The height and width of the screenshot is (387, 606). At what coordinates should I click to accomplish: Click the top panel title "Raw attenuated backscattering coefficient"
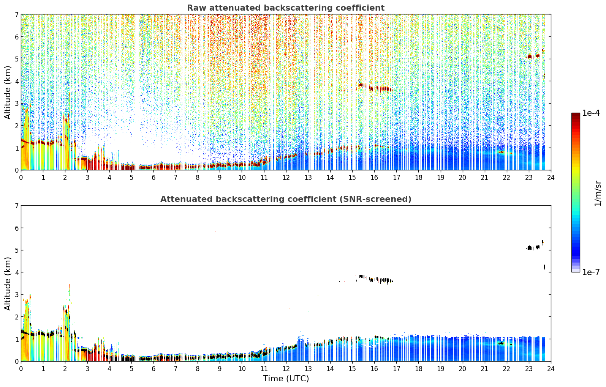tap(286, 8)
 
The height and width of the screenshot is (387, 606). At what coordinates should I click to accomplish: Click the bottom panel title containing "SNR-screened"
tap(286, 199)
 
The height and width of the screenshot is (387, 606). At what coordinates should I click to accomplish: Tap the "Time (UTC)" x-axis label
tap(286, 378)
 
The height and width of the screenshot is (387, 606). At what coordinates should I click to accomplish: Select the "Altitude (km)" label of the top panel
tap(8, 93)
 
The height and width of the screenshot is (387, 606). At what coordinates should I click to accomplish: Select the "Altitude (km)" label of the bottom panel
tap(8, 283)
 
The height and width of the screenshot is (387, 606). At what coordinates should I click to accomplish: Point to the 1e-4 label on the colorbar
tap(591, 113)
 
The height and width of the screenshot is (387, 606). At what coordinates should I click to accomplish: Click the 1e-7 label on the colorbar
tap(591, 272)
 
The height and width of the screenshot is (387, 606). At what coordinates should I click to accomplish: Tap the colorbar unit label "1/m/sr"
tap(598, 193)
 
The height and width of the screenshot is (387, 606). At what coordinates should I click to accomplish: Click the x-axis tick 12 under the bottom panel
tap(286, 369)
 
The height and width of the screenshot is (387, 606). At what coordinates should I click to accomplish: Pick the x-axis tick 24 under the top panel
tap(551, 178)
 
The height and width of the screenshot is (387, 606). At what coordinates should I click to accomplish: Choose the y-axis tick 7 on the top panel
tap(16, 14)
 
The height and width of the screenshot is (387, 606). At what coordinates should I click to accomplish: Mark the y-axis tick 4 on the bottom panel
tap(16, 272)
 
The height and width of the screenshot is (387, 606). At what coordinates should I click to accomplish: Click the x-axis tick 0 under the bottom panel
tap(21, 369)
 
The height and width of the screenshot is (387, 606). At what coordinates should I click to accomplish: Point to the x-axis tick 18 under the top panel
tap(419, 178)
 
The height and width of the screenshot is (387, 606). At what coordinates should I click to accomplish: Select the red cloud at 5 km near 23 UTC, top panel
tap(533, 56)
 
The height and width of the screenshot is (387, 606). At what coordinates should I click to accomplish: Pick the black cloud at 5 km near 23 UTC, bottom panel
tap(533, 247)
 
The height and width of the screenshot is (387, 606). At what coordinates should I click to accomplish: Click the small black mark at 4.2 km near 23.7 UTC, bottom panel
tap(544, 267)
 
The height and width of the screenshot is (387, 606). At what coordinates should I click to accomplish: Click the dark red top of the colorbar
tap(576, 114)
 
